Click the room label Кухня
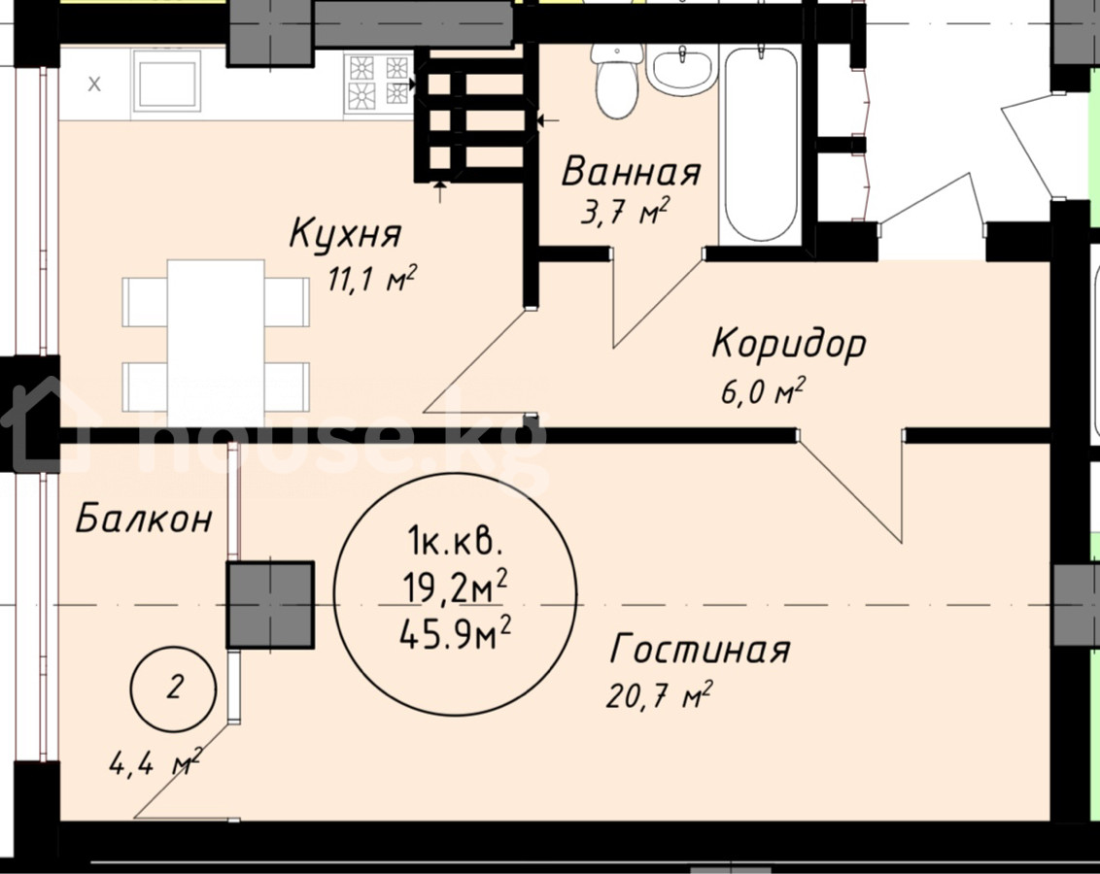345,233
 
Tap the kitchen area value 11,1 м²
372,280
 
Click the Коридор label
789,345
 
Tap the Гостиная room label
700,650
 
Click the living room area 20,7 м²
659,695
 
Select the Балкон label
143,519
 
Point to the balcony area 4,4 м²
155,762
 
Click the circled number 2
175,689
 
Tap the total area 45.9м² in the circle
455,633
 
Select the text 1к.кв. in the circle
454,542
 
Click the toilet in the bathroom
617,79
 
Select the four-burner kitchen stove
379,84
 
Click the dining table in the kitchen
216,344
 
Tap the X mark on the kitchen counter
94,84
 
